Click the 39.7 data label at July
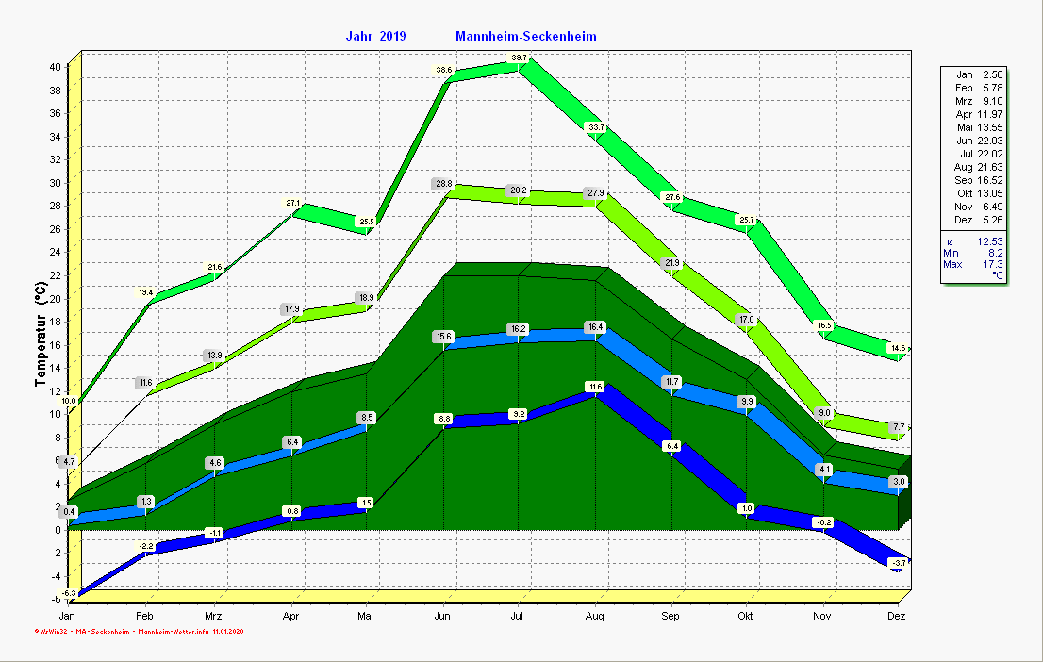point(520,58)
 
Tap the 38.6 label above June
point(443,71)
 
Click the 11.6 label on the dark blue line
point(594,387)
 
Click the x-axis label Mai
point(367,616)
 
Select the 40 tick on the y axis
point(56,67)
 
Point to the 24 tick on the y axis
point(56,252)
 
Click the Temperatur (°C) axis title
point(41,335)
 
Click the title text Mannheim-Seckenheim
point(525,36)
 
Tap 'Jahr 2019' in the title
point(375,36)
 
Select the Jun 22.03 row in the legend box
point(976,141)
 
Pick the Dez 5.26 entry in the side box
point(976,220)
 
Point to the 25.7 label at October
point(747,221)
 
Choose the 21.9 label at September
point(671,263)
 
